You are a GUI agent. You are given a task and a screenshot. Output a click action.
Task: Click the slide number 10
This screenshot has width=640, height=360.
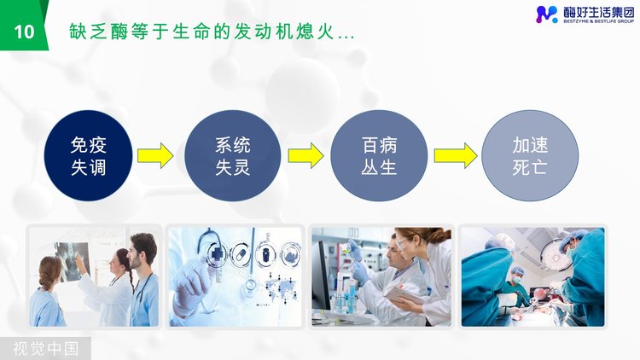(x=24, y=32)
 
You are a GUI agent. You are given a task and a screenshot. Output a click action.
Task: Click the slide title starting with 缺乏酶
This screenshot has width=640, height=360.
(x=212, y=32)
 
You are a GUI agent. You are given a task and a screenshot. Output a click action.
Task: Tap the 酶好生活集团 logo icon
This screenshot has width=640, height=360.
(x=546, y=14)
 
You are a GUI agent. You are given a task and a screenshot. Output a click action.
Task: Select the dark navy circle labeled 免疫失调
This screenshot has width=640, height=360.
(x=88, y=155)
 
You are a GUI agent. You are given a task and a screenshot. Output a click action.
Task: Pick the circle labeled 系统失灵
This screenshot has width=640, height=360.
(x=233, y=155)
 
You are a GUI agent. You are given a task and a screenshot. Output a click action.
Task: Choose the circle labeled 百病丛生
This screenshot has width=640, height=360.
(x=379, y=155)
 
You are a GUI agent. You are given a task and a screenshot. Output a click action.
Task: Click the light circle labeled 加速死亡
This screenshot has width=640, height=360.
(x=530, y=155)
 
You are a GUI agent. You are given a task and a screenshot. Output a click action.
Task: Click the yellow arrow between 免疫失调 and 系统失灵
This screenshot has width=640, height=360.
(x=155, y=155)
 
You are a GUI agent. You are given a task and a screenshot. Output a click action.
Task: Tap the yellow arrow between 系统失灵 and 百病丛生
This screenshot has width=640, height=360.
(x=305, y=155)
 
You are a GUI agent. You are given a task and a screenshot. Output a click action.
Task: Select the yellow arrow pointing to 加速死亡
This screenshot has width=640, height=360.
(x=455, y=155)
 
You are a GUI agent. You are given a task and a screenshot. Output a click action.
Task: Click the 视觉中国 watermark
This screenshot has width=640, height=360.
(x=45, y=349)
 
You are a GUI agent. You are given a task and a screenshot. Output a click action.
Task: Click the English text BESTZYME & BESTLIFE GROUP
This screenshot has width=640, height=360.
(x=599, y=20)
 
